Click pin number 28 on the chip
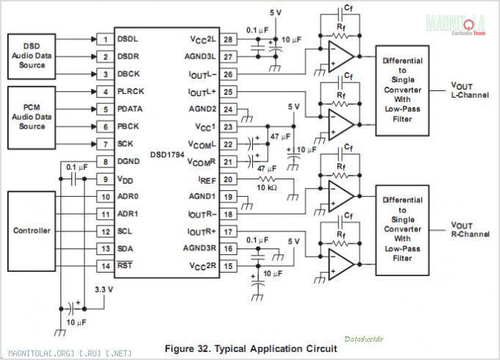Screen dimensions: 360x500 [229, 39]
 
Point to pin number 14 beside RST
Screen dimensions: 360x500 [106, 265]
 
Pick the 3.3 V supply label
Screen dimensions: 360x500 [104, 289]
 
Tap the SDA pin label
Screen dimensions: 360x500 [126, 248]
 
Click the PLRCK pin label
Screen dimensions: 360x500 [130, 91]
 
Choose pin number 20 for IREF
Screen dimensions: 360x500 [229, 179]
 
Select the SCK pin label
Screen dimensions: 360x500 [126, 144]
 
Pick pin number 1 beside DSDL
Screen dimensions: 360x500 [106, 39]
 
